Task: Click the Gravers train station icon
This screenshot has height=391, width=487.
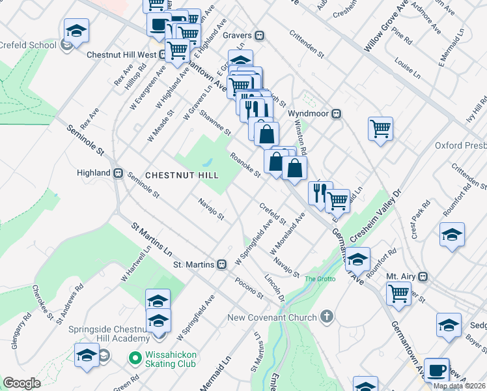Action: [x=260, y=35]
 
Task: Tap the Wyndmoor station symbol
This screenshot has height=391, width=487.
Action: [x=337, y=113]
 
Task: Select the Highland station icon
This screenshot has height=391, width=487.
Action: [x=118, y=173]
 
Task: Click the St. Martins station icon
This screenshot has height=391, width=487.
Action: [x=222, y=265]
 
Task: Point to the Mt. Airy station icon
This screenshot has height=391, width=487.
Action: [x=423, y=276]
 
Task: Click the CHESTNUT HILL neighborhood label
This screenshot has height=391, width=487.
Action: [x=182, y=175]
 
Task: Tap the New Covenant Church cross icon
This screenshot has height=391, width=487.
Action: [x=327, y=317]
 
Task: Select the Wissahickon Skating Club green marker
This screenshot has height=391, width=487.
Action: [x=135, y=357]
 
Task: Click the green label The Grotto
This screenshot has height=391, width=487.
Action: [x=319, y=280]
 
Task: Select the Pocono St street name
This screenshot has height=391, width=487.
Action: [x=249, y=289]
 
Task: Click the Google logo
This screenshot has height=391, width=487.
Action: [x=21, y=383]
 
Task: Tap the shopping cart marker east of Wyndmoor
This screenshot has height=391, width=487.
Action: [x=380, y=127]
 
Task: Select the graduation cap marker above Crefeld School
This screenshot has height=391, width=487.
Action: [x=76, y=30]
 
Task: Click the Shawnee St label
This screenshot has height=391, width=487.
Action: [x=215, y=122]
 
